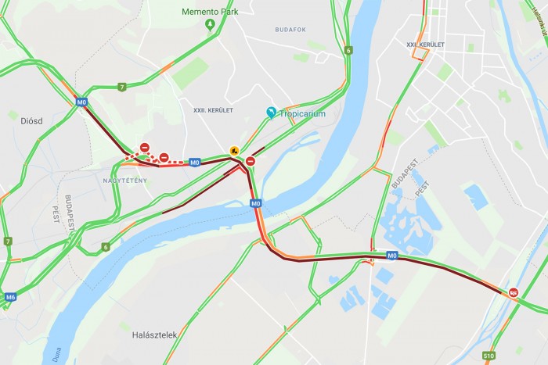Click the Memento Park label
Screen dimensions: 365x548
click(x=210, y=12)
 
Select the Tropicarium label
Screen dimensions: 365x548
click(x=302, y=113)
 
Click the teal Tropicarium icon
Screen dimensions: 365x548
click(x=272, y=113)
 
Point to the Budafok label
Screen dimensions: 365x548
click(x=290, y=30)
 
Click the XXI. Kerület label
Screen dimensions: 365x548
click(x=426, y=45)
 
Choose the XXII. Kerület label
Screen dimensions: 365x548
click(x=213, y=110)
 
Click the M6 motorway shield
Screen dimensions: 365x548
click(x=10, y=298)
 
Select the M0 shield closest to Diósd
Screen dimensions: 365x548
click(x=81, y=102)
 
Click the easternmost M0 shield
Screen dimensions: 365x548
click(x=392, y=255)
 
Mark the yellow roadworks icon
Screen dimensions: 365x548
click(x=233, y=150)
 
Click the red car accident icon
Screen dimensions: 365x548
click(x=514, y=292)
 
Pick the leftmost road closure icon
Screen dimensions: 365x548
click(x=145, y=148)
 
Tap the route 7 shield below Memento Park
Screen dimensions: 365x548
click(x=121, y=87)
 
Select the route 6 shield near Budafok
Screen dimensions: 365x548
click(x=348, y=51)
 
